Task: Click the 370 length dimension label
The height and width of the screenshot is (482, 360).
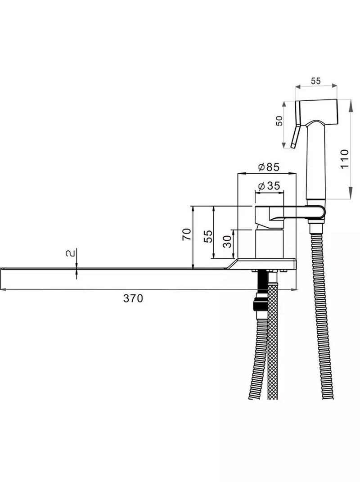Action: (x=133, y=298)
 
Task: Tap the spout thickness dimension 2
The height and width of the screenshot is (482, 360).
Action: (x=70, y=253)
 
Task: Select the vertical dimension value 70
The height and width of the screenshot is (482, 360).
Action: (x=187, y=234)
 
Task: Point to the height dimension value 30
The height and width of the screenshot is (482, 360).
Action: (x=227, y=242)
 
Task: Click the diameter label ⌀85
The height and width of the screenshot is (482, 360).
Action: (x=269, y=167)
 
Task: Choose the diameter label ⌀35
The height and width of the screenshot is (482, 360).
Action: (x=269, y=186)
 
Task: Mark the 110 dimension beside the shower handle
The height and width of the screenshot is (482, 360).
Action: (x=345, y=158)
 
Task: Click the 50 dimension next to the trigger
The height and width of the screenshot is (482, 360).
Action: (x=279, y=121)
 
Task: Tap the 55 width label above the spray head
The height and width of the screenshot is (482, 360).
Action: (x=316, y=81)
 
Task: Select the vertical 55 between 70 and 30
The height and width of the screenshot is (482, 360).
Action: (x=208, y=236)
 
